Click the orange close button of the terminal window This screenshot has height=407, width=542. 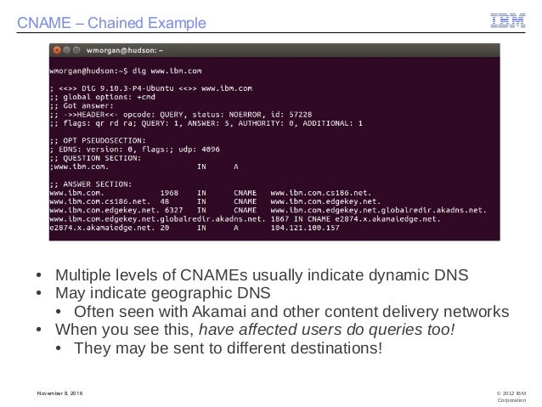[x=54, y=50]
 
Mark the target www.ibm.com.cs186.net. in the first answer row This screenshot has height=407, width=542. [x=312, y=192]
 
